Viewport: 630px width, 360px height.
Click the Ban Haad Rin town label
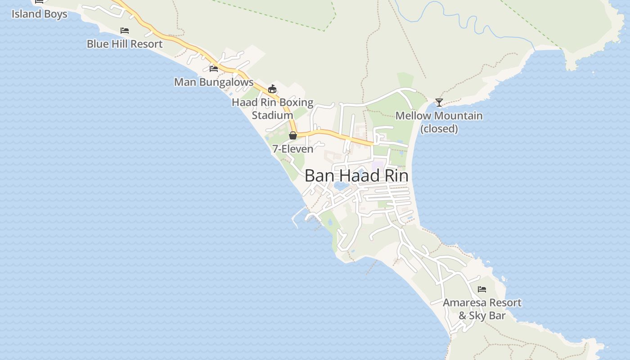point(356,176)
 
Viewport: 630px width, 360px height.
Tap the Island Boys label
point(39,14)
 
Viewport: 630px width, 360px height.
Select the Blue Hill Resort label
point(125,44)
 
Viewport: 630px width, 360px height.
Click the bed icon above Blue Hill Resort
point(125,31)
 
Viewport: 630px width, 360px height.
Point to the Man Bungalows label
point(214,82)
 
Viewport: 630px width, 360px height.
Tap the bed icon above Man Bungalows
point(214,69)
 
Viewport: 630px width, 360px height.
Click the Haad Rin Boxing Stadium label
point(272,108)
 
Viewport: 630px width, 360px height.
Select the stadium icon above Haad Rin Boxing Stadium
point(272,89)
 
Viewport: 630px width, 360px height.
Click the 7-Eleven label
point(292,149)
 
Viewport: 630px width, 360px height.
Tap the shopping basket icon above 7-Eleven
point(293,135)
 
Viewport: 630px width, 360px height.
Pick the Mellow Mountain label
point(439,116)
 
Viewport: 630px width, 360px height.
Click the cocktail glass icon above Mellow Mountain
point(439,102)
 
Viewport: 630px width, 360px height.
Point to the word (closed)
point(439,129)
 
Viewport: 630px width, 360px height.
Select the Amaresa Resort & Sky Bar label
point(482,309)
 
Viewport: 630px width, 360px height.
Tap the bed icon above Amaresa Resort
point(482,289)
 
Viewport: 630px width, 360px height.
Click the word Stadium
point(272,115)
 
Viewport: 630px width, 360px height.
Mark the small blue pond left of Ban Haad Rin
point(341,185)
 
